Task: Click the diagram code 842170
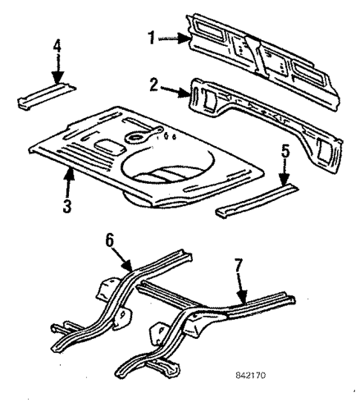click(247, 375)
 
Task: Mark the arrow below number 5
click(283, 178)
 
